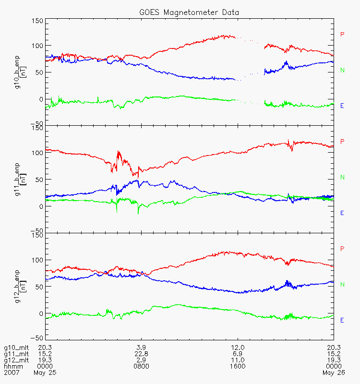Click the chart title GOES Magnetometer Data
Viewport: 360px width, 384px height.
click(189, 12)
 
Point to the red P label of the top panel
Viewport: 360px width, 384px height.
click(342, 35)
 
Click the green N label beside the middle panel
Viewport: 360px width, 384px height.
click(343, 177)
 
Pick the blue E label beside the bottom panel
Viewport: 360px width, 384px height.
click(342, 320)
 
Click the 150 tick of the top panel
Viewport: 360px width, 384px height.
click(37, 21)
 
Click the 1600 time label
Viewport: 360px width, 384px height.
click(238, 366)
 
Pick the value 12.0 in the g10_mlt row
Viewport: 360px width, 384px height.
click(238, 348)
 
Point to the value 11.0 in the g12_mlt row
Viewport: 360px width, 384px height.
click(238, 360)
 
